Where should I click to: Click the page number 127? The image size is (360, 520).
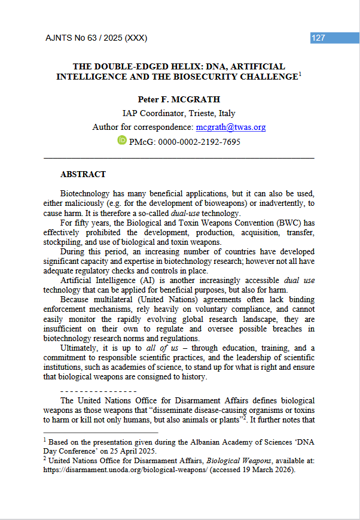pos(319,38)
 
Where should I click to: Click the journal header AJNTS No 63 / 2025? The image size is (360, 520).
pos(96,38)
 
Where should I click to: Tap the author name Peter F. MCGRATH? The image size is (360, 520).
pos(179,99)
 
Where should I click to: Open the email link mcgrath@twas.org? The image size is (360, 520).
pos(231,127)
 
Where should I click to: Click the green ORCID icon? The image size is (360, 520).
pos(122,141)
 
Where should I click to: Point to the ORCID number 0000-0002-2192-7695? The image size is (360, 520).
pos(202,142)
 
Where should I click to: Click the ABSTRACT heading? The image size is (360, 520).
pos(83,175)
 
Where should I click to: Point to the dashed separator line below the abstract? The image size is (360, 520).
pos(99,390)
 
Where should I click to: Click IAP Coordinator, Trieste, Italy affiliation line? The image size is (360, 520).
pos(179,113)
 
